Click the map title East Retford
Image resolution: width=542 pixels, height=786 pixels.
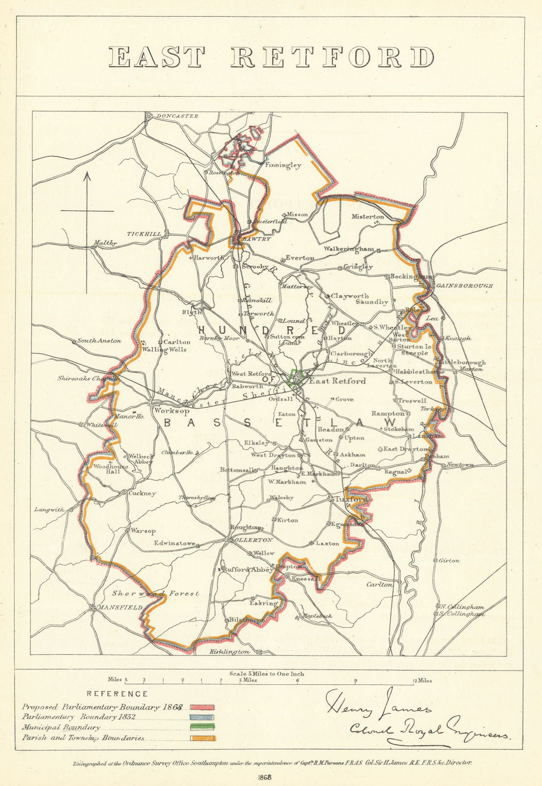coord(271,57)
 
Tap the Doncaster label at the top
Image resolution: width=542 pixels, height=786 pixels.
coord(177,116)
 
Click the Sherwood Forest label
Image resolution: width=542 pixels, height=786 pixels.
coord(155,593)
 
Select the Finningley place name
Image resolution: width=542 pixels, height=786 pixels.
coord(283,166)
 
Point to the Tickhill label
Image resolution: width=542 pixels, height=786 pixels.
coord(144,234)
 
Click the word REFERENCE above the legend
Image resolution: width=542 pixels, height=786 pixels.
coord(117,694)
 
